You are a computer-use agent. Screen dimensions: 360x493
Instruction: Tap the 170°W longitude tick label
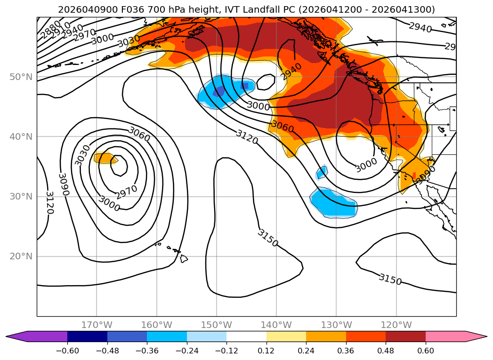point(97,325)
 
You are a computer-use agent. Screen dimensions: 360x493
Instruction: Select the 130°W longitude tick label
point(336,325)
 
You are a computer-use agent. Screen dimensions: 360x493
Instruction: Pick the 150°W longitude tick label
point(216,325)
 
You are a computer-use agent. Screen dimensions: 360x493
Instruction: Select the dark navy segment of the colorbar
point(87,336)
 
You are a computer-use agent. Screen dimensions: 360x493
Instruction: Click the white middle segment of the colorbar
point(246,336)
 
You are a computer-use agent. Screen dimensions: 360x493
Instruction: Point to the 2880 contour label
point(50,29)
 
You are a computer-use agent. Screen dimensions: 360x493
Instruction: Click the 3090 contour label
point(63,184)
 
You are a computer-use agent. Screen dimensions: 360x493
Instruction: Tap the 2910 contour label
point(61,31)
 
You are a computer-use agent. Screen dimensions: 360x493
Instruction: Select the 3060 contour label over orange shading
point(283,126)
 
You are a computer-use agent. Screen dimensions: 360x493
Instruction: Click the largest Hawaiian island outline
point(184,258)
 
